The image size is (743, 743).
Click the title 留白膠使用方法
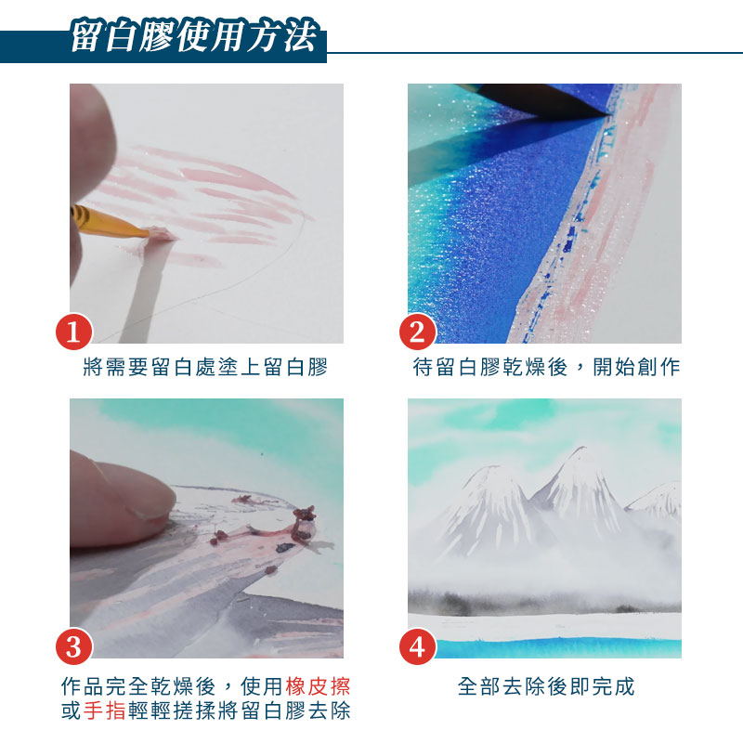pos(193,36)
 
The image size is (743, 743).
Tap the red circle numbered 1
pos(74,332)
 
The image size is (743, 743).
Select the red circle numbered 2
pos(417,332)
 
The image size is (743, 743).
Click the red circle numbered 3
pos(74,646)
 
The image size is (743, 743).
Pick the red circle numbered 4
pos(417,646)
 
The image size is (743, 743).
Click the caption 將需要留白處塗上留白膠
pos(205,367)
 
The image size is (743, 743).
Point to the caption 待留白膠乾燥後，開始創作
pos(546,367)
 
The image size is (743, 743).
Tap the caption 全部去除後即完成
pos(546,686)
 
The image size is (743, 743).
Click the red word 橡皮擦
pos(318,686)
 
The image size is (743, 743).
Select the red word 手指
pos(105,710)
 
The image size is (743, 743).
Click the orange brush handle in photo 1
pos(108,221)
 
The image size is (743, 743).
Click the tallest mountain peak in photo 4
pos(580,450)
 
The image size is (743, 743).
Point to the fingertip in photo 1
pos(91,142)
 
